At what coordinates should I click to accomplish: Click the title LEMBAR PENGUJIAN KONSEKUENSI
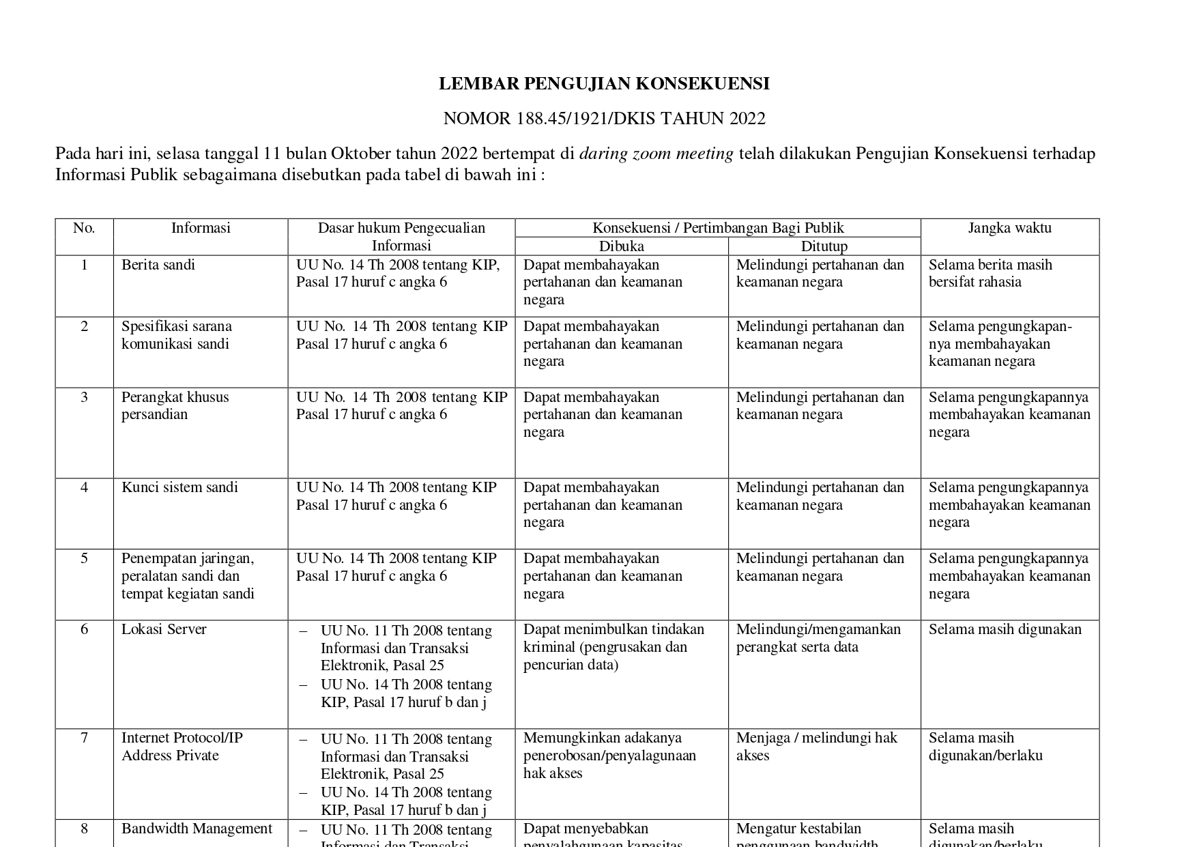click(603, 84)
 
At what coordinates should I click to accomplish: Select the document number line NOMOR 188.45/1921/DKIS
click(603, 119)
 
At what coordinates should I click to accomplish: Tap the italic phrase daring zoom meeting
click(656, 154)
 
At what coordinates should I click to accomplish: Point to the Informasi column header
click(201, 228)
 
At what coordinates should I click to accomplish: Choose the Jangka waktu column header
click(1009, 228)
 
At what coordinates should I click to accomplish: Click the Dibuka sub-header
click(621, 246)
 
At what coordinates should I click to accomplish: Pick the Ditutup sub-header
click(824, 246)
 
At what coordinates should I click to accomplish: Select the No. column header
click(84, 228)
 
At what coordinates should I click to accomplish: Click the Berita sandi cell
click(158, 265)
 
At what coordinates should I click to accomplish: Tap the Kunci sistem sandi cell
click(179, 487)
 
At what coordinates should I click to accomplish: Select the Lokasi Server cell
click(164, 629)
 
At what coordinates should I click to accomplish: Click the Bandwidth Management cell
click(197, 829)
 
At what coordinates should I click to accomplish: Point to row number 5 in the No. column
click(84, 558)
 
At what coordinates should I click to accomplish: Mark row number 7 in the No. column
click(84, 738)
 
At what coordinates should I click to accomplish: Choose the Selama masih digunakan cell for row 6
click(1005, 629)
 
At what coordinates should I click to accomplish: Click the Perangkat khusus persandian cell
click(175, 405)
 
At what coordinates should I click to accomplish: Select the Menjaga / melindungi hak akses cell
click(816, 746)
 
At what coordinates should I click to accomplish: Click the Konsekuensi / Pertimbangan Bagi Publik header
click(718, 228)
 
